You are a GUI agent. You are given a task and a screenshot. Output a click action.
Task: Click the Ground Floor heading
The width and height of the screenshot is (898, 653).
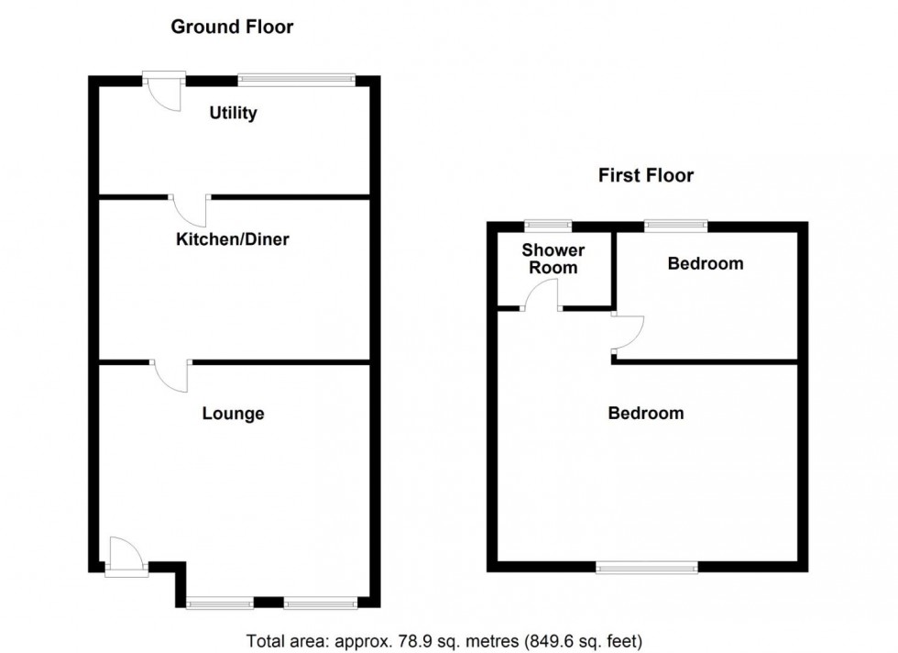[232, 27]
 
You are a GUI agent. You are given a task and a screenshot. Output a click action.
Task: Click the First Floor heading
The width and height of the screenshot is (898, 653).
[646, 175]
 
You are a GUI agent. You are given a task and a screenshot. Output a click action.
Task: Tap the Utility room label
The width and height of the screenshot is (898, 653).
[233, 114]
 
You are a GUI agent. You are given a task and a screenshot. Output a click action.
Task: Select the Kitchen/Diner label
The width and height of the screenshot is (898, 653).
[233, 239]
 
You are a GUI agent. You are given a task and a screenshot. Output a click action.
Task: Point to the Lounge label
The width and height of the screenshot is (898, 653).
[233, 414]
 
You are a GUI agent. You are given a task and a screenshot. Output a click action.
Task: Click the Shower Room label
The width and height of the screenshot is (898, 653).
[553, 259]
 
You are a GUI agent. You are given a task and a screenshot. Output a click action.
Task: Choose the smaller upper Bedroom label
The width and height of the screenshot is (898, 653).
[705, 264]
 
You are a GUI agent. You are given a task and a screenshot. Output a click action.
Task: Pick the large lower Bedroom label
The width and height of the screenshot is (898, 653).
[646, 414]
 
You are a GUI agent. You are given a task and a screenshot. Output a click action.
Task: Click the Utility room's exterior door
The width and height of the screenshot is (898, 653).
[165, 92]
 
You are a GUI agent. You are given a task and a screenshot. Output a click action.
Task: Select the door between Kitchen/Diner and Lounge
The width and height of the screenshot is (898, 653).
[171, 375]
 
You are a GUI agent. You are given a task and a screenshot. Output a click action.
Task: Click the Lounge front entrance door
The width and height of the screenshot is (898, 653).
[125, 556]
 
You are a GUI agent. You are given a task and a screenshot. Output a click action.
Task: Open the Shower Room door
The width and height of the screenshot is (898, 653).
[542, 296]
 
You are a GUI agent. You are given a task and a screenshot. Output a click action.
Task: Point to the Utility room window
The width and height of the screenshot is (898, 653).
[295, 80]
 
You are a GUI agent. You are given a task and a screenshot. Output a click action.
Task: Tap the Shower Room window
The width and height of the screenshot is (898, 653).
[548, 225]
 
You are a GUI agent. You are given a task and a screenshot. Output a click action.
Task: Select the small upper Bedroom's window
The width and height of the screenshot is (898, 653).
[676, 225]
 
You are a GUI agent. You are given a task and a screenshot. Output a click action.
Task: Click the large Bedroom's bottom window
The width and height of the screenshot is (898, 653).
[646, 568]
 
